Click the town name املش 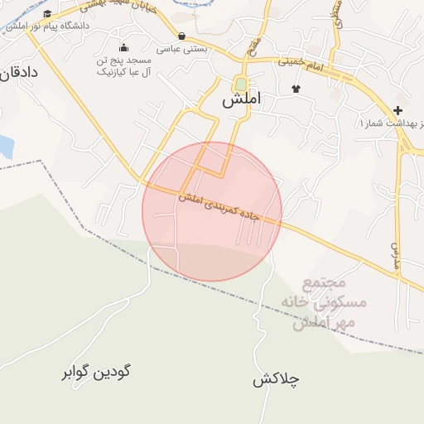pyautogui.click(x=241, y=99)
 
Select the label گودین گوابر pyautogui.click(x=96, y=372)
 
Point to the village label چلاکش pyautogui.click(x=276, y=380)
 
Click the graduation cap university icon pyautogui.click(x=48, y=14)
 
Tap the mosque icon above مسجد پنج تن pyautogui.click(x=124, y=47)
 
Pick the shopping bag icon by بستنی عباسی pyautogui.click(x=181, y=36)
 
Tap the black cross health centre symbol pyautogui.click(x=398, y=110)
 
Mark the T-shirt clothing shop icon pyautogui.click(x=296, y=88)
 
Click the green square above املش pyautogui.click(x=240, y=84)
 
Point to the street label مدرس pyautogui.click(x=394, y=256)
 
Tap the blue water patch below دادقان pyautogui.click(x=6, y=147)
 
